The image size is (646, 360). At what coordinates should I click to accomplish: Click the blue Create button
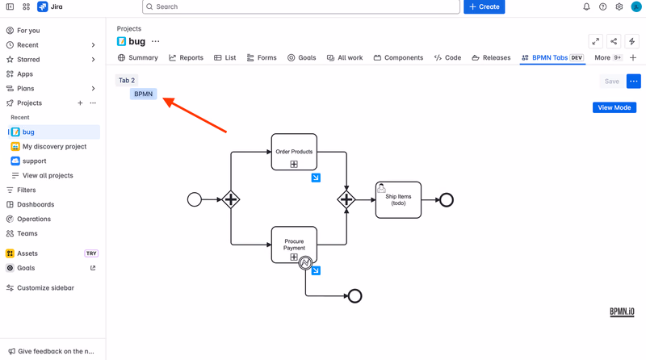[484, 6]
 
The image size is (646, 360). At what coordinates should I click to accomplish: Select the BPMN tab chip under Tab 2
[144, 94]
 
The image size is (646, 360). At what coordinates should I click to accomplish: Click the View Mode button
[615, 107]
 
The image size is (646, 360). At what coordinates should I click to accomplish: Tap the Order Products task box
[294, 152]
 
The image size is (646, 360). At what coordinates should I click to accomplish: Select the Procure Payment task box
[294, 245]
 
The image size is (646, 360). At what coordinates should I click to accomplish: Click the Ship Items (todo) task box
[398, 199]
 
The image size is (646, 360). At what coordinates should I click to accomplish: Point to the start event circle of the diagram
[195, 199]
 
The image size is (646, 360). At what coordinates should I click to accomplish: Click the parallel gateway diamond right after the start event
[231, 199]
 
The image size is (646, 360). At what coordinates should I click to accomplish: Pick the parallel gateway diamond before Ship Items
[346, 199]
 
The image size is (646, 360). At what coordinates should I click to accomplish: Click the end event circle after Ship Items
[447, 200]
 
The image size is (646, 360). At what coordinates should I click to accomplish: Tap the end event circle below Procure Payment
[354, 296]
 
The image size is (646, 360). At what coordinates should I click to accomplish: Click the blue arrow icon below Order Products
[316, 178]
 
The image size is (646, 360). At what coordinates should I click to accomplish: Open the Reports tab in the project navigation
[187, 57]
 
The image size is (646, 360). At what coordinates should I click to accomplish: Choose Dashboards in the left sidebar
[31, 204]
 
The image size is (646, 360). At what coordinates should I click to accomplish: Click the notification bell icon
[586, 6]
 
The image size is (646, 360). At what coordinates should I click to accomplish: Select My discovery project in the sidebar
[49, 146]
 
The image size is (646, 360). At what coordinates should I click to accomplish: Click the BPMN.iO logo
[622, 312]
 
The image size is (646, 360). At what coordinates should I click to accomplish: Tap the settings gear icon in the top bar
[619, 6]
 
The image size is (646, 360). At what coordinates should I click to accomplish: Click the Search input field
[301, 6]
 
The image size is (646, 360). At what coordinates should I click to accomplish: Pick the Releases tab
[491, 57]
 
